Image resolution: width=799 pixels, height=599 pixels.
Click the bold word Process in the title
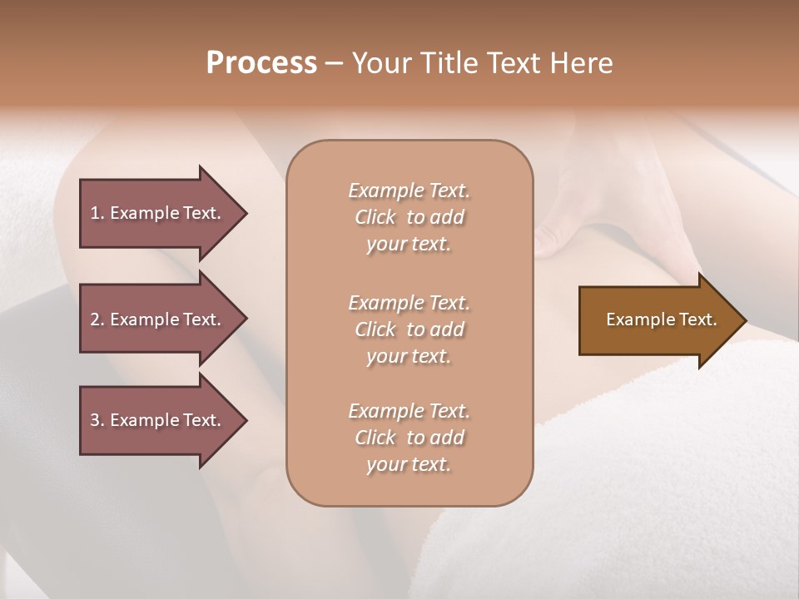261,63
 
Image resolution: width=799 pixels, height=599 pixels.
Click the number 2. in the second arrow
97,319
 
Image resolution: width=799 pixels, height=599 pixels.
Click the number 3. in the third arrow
97,420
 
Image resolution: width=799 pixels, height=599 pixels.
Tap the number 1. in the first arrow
97,213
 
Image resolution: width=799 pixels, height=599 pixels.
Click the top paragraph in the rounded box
409,217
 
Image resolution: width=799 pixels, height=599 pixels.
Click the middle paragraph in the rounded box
409,329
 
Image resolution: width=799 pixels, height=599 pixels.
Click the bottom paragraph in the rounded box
409,438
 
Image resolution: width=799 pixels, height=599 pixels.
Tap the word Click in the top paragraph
375,217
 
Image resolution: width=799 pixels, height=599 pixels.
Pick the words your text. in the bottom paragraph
409,464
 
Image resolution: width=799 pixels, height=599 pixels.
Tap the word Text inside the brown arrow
697,319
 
